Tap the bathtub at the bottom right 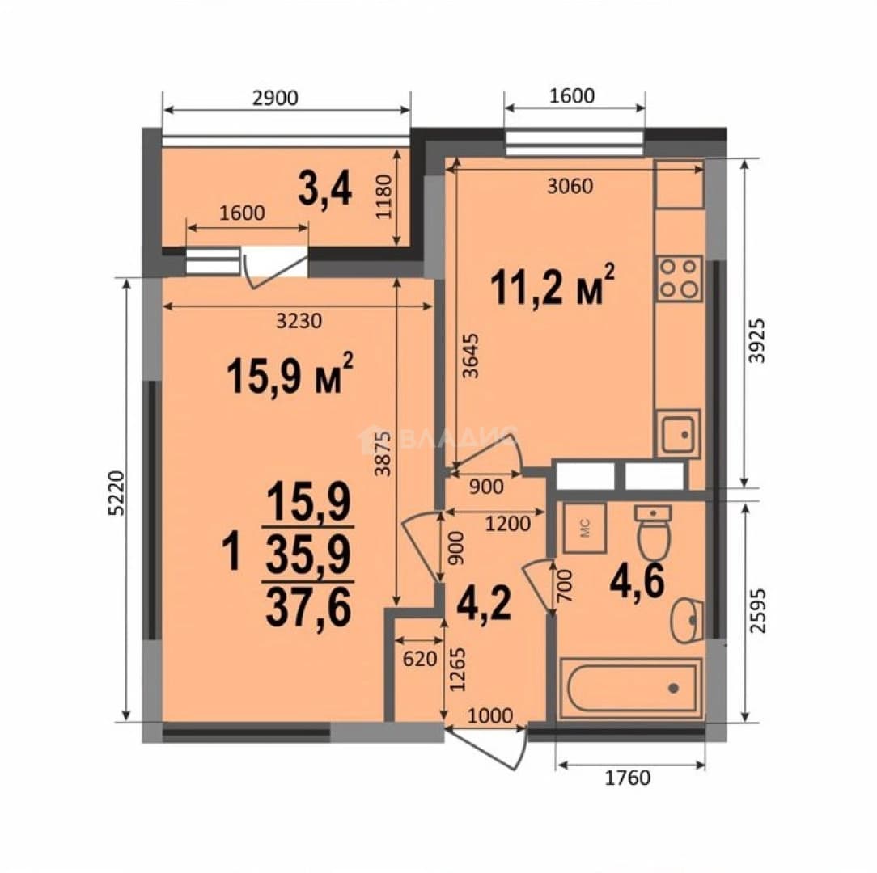[630, 688]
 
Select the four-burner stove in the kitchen [680, 278]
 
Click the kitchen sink [678, 434]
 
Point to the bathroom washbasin [687, 620]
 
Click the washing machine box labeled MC [584, 528]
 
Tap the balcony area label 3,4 [325, 190]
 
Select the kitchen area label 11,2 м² [553, 285]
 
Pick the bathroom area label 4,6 [638, 581]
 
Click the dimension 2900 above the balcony [275, 98]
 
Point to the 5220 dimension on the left [115, 494]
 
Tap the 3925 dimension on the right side [756, 341]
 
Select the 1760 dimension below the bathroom [628, 778]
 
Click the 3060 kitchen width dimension [570, 186]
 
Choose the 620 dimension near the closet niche [419, 659]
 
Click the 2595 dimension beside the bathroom [756, 610]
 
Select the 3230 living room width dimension [299, 321]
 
